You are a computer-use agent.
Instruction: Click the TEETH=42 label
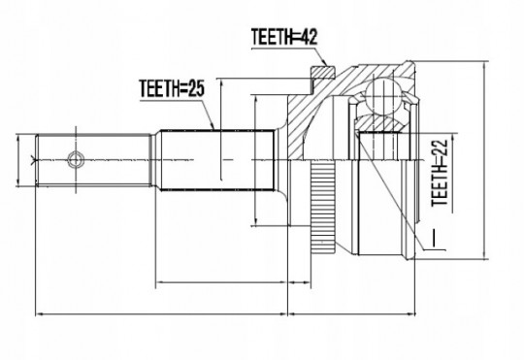[284, 37]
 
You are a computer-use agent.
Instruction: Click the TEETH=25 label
[172, 88]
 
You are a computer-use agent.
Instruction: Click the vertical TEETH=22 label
[440, 173]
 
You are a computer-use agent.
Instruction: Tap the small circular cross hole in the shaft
[76, 159]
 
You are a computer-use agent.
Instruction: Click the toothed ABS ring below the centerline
[323, 207]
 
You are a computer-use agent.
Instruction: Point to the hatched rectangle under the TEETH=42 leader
[323, 72]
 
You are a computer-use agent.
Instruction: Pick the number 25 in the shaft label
[195, 88]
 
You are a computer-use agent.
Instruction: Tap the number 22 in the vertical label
[440, 147]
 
